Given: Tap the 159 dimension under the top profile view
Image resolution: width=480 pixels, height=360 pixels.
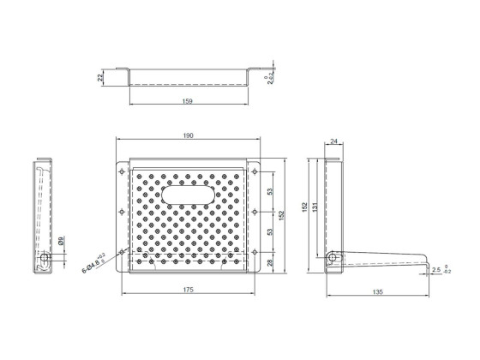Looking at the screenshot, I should pos(187,101).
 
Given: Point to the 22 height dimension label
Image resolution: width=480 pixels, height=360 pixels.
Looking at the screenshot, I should pos(100,77).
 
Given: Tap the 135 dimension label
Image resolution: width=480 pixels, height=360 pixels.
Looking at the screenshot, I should pos(378,291).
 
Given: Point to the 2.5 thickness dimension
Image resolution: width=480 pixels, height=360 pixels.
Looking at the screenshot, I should pos(436,270).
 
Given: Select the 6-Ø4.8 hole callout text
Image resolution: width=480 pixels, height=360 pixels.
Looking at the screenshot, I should pos(93,262).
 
